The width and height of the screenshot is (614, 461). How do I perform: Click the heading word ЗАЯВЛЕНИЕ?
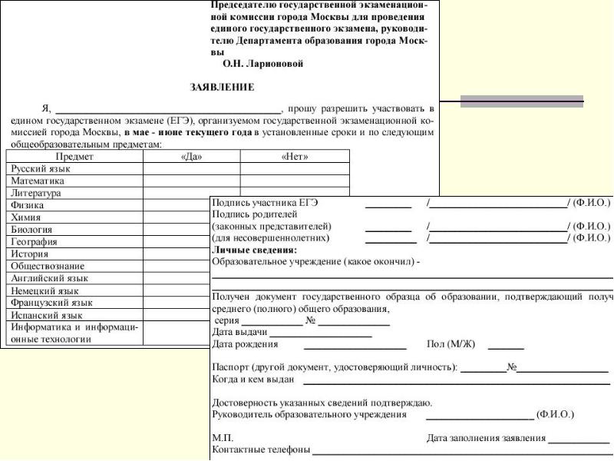[222, 88]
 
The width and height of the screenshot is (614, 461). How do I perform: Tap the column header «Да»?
[191, 156]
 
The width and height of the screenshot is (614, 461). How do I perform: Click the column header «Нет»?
[295, 156]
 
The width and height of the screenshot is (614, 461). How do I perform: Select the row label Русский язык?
[41, 168]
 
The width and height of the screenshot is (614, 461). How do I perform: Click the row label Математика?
[38, 181]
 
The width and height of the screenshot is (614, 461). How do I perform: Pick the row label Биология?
[32, 229]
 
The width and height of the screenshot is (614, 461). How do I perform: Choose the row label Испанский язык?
[47, 314]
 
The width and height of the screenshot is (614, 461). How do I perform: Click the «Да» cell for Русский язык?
[191, 168]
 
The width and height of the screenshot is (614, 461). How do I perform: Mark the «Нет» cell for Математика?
[295, 181]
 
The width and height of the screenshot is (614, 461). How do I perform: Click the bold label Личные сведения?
[253, 250]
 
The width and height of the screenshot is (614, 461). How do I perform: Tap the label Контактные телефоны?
[260, 449]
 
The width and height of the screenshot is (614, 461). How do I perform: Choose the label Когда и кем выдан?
[254, 380]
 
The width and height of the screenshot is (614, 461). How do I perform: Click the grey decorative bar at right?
[522, 101]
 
